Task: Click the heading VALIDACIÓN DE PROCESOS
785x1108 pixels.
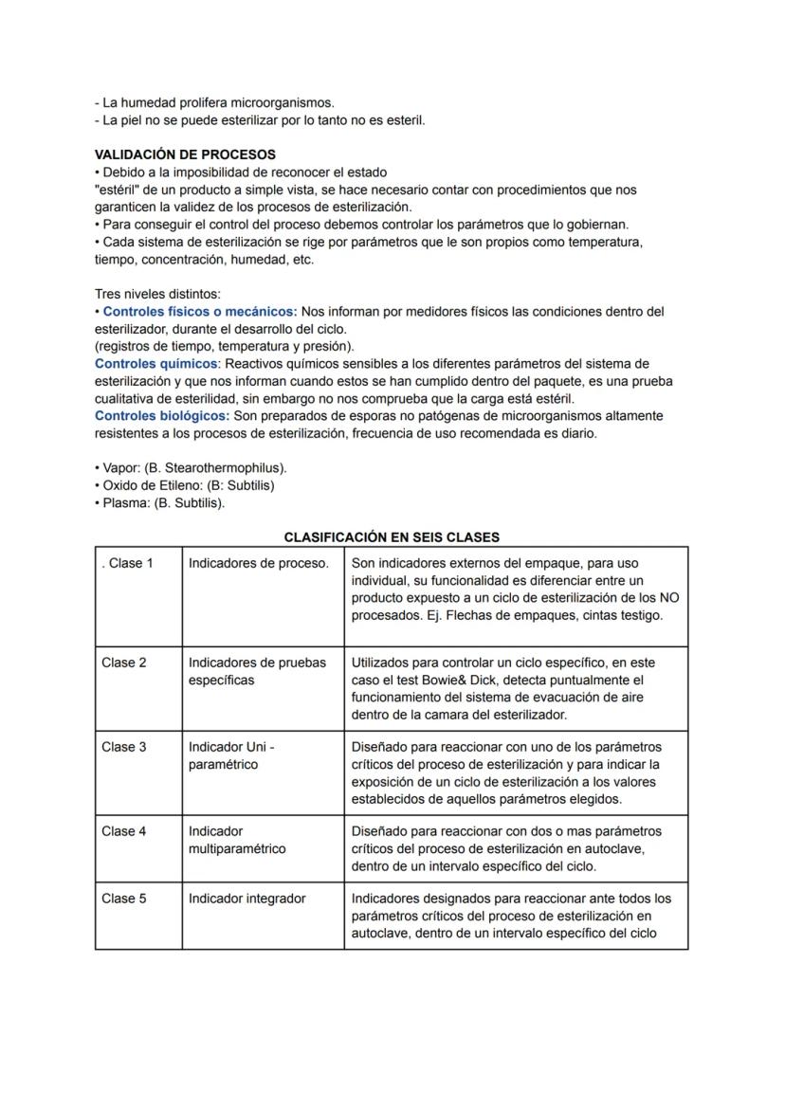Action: (186, 154)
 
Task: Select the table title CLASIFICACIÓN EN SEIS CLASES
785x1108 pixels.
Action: (392, 537)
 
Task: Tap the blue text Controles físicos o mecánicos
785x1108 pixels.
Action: (199, 312)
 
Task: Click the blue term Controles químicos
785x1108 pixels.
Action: (156, 364)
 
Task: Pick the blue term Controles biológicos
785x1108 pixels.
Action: (162, 416)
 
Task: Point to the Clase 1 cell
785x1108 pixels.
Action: (128, 564)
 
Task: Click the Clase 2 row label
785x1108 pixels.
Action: (124, 663)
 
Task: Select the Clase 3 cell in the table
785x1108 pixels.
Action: (124, 747)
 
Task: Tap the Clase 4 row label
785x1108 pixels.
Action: (124, 831)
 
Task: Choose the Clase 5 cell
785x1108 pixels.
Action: (124, 899)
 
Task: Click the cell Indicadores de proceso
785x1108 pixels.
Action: (258, 564)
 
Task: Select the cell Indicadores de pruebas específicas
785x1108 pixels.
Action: (257, 671)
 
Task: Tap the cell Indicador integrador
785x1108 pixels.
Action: (246, 899)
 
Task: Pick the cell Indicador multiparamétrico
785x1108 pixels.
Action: (236, 840)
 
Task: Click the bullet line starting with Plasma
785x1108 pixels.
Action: (160, 502)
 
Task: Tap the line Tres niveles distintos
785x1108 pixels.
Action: (157, 294)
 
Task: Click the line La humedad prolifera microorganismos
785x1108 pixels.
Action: (215, 102)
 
